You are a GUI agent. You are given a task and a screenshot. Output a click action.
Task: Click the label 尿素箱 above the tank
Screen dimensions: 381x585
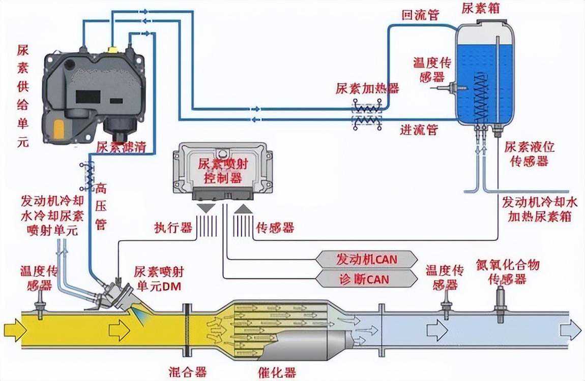[x=479, y=9]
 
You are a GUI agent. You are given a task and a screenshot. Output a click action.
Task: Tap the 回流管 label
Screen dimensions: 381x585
[x=420, y=14]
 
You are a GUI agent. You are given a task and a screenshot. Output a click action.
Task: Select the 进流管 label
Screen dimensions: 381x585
[x=419, y=131]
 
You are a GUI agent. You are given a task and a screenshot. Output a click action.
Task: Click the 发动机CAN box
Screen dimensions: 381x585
[x=366, y=259]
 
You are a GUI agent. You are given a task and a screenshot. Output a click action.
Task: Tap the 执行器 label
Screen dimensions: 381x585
[x=173, y=228]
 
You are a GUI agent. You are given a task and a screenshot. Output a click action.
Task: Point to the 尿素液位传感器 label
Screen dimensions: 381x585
[x=529, y=154]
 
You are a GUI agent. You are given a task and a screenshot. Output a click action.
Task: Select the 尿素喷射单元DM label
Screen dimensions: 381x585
[x=157, y=279]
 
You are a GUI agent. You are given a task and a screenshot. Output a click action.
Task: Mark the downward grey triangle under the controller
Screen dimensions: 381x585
[x=206, y=208]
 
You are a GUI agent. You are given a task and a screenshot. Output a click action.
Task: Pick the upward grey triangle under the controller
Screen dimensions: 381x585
[x=242, y=208]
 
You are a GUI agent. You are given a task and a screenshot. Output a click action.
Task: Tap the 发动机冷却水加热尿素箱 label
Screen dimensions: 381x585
[x=540, y=209]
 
